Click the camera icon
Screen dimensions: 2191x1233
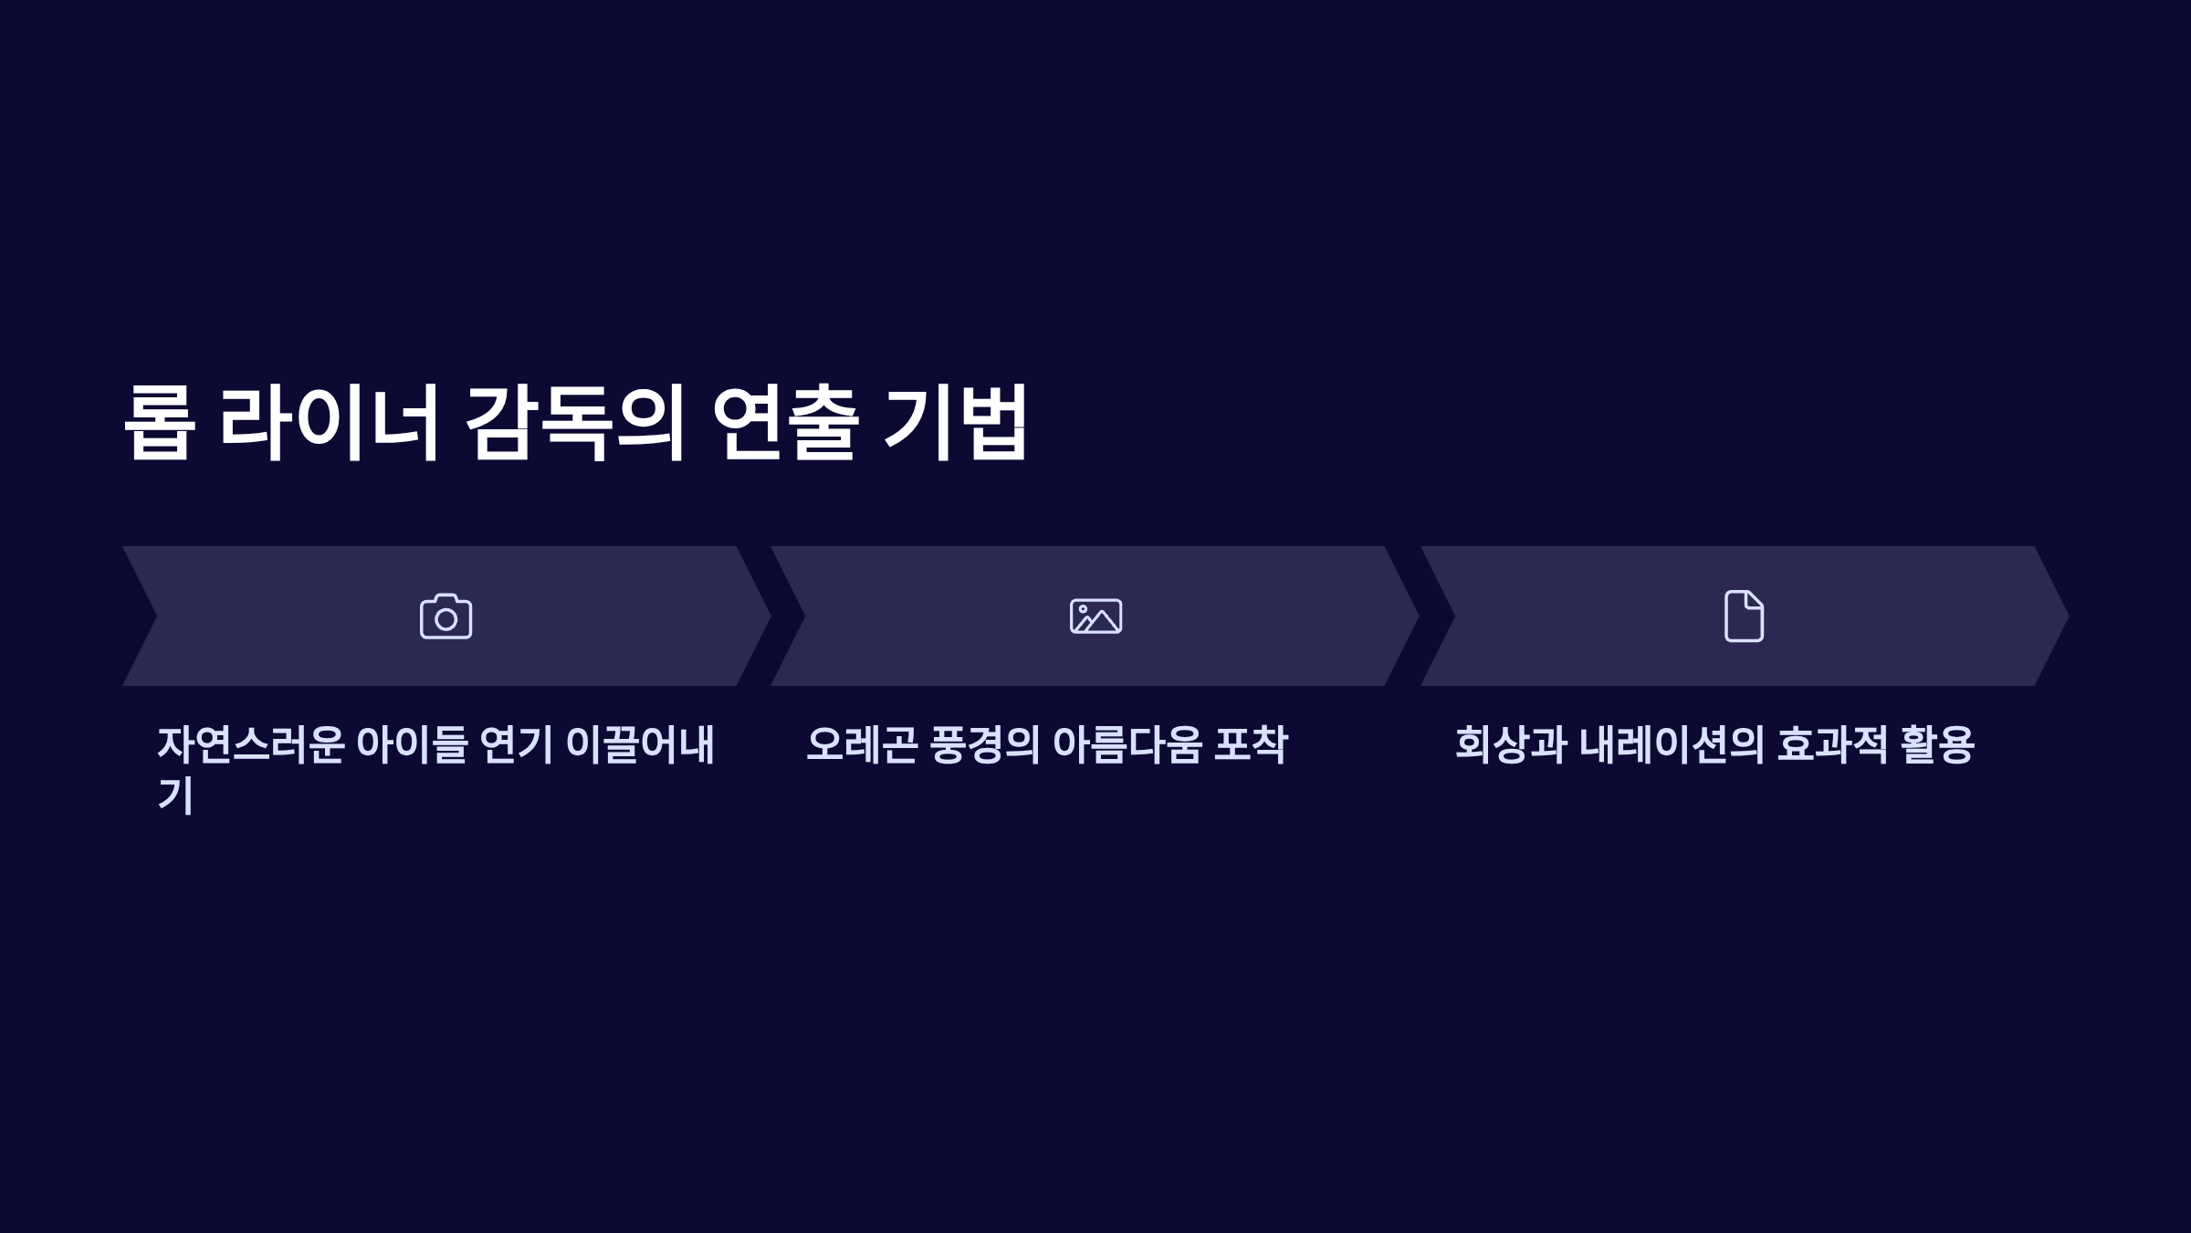pos(446,616)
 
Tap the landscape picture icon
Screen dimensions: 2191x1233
pos(1095,616)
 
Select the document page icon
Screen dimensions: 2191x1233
pos(1744,616)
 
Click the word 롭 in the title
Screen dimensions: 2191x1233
pos(160,423)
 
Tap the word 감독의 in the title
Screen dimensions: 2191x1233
pos(574,423)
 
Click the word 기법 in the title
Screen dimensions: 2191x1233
pos(956,423)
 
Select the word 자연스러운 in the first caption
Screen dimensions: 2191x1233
pos(251,745)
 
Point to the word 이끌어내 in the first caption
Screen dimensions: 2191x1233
pos(640,745)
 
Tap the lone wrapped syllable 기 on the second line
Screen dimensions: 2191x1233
pos(175,795)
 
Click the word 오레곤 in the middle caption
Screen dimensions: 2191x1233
pos(862,745)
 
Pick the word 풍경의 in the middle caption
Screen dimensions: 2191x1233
pos(984,745)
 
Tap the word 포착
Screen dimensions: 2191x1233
pos(1251,745)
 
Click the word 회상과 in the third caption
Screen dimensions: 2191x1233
pos(1511,745)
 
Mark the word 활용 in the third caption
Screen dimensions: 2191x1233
pos(1937,745)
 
